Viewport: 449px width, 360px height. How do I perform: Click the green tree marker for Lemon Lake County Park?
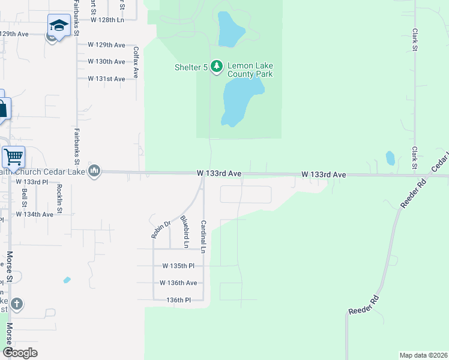[x=217, y=67]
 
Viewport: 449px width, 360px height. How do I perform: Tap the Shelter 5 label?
[x=187, y=67]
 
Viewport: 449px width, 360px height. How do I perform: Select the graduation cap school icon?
[x=59, y=25]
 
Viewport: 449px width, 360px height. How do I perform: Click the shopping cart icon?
[x=13, y=157]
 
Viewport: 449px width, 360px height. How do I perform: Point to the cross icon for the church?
[x=16, y=304]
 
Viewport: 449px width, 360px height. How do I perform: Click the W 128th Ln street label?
[x=107, y=20]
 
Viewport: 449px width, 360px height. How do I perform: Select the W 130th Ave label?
[x=106, y=62]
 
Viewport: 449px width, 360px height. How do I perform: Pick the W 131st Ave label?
[x=106, y=79]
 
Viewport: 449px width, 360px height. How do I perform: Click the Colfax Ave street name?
[x=136, y=62]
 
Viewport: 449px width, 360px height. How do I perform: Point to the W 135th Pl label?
[x=178, y=266]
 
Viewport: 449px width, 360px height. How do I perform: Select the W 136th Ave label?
[x=178, y=283]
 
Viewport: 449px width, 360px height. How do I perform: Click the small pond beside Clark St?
[x=390, y=158]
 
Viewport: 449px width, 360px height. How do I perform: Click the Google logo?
[x=20, y=353]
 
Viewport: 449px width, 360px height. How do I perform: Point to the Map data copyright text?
[x=423, y=355]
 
